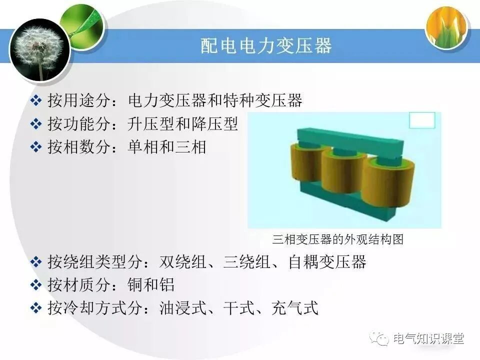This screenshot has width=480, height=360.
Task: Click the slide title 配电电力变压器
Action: [x=265, y=46]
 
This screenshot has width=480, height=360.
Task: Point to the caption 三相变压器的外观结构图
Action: [x=338, y=239]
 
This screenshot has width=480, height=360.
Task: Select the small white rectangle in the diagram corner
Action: [x=422, y=120]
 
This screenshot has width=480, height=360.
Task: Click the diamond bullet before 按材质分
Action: [x=36, y=285]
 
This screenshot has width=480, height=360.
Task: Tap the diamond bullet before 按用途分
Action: [x=36, y=101]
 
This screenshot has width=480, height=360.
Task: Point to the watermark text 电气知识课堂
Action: [x=429, y=338]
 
